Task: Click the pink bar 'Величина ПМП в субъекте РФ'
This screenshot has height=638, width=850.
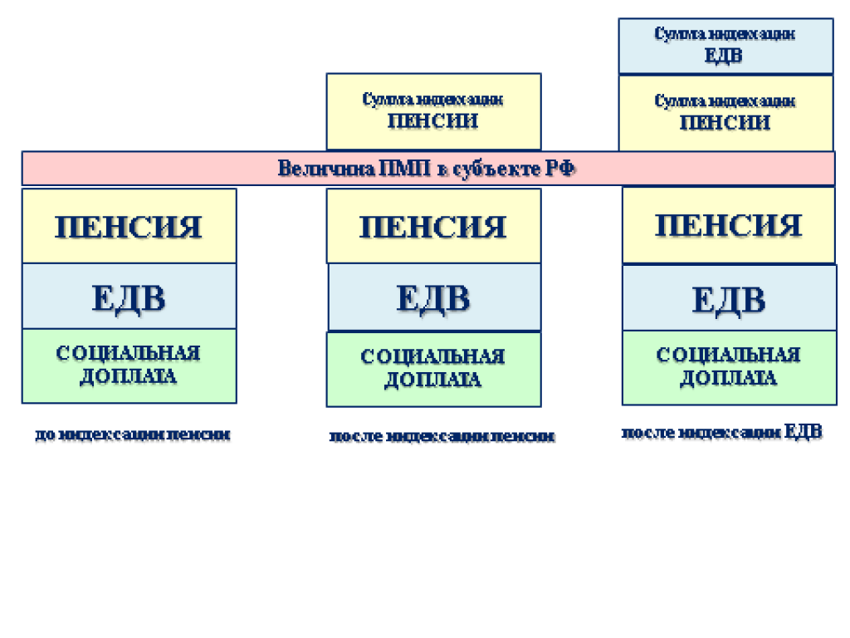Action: coord(427,168)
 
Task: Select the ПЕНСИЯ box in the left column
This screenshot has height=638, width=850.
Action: coord(129,226)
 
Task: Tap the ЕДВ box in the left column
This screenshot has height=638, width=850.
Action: coord(129,297)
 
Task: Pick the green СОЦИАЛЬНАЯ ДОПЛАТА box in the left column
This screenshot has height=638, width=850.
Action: coord(129,366)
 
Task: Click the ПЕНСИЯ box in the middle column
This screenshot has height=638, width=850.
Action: coord(433,226)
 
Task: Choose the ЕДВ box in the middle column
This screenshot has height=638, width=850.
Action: coord(433,297)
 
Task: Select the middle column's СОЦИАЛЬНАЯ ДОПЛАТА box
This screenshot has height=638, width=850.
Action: coord(433,369)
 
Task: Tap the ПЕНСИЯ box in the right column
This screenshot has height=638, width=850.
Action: coord(728,225)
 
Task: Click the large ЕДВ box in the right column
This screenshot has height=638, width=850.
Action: coord(728,298)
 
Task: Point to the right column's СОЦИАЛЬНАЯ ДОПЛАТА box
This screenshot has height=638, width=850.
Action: coord(728,367)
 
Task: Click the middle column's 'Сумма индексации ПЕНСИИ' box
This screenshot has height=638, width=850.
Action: coord(433,110)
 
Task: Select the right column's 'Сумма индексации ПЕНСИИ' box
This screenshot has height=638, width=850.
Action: coord(725,112)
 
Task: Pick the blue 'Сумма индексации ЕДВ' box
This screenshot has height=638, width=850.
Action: coord(725,46)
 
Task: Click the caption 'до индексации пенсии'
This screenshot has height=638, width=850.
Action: coord(133,434)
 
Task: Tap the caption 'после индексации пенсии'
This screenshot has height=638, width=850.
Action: coord(442,436)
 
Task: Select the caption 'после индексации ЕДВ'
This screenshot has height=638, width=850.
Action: coord(722,432)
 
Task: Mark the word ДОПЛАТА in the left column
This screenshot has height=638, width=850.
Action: coord(129,376)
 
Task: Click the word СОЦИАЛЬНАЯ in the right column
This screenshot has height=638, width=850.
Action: coord(728,356)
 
